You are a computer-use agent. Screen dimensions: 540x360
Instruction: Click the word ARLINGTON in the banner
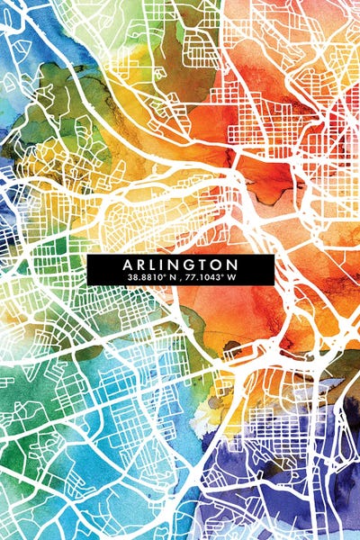[181, 265]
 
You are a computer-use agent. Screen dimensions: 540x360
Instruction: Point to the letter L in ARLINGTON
[156, 265]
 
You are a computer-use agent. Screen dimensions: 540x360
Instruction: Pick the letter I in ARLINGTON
[166, 265]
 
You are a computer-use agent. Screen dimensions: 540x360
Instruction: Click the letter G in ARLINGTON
[191, 265]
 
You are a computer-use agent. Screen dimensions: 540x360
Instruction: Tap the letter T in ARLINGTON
[204, 265]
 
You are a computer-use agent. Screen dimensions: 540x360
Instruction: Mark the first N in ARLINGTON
[177, 265]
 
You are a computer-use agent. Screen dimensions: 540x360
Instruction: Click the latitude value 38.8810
[144, 277]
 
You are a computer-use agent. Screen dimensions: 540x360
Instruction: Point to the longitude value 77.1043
[206, 277]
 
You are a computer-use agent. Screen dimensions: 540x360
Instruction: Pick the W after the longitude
[231, 277]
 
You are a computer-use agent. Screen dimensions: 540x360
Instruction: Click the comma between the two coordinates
[178, 278]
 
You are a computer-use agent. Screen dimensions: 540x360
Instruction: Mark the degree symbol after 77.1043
[223, 274]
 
